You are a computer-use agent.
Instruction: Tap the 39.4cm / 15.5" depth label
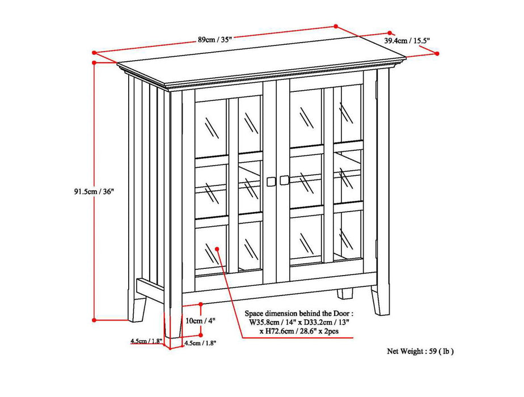pos(407,40)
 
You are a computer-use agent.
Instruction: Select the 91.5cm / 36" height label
pos(90,191)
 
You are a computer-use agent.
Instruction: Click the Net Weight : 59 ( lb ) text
pos(420,351)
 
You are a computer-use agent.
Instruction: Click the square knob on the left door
pos(271,181)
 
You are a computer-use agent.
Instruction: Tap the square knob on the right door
pos(284,180)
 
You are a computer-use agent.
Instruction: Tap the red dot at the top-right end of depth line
pos(437,53)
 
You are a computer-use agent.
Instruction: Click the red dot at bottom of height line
pos(94,320)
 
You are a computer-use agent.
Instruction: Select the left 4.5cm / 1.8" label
pos(146,341)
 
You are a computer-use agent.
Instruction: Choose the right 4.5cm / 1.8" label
pos(199,343)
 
